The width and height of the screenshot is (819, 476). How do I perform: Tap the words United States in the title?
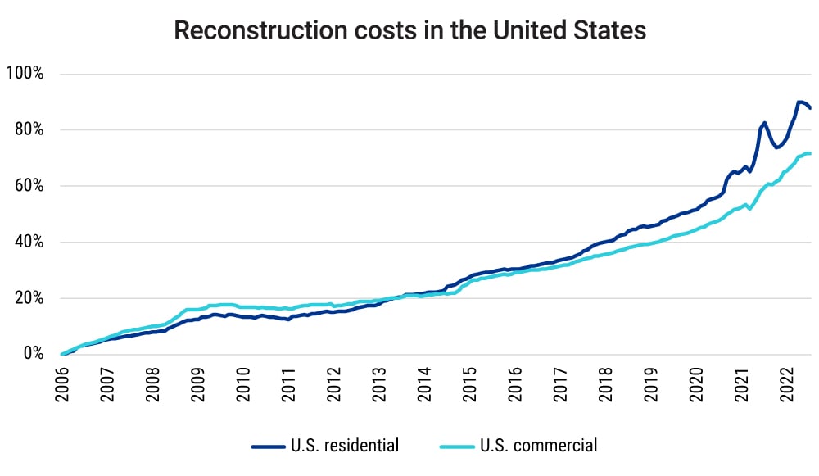[x=567, y=30]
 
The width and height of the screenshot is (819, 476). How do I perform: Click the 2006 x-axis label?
[x=62, y=382]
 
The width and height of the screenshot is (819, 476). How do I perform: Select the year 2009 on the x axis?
[x=198, y=382]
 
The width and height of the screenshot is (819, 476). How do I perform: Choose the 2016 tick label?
[x=515, y=382]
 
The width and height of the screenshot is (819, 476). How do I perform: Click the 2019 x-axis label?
[x=651, y=382]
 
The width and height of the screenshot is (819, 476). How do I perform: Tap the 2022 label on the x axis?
[x=787, y=382]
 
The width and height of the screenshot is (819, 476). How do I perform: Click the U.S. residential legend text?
[x=345, y=447]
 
